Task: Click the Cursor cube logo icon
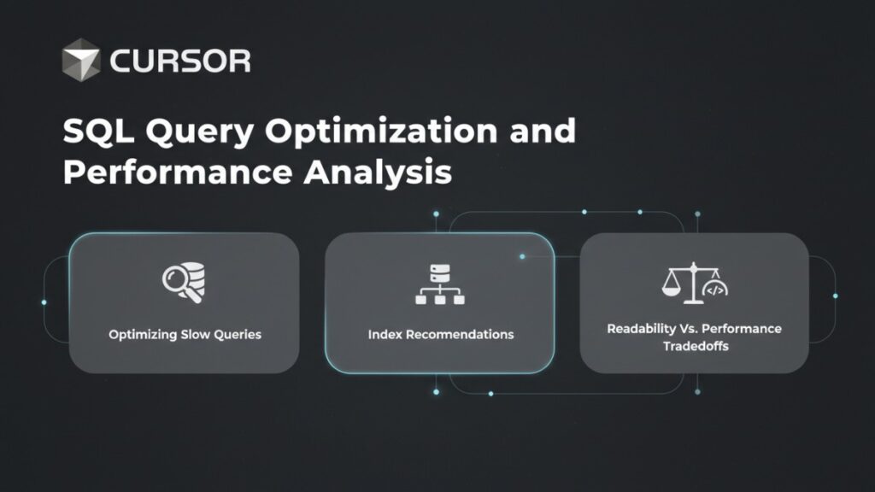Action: point(82,60)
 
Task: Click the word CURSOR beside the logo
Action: point(179,61)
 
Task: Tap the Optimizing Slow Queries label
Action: point(185,334)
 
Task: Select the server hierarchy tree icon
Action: point(440,284)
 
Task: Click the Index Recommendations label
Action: point(441,334)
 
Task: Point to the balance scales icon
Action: point(681,284)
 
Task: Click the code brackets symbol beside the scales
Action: point(714,290)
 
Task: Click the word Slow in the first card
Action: point(195,334)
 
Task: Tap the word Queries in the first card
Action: point(238,334)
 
